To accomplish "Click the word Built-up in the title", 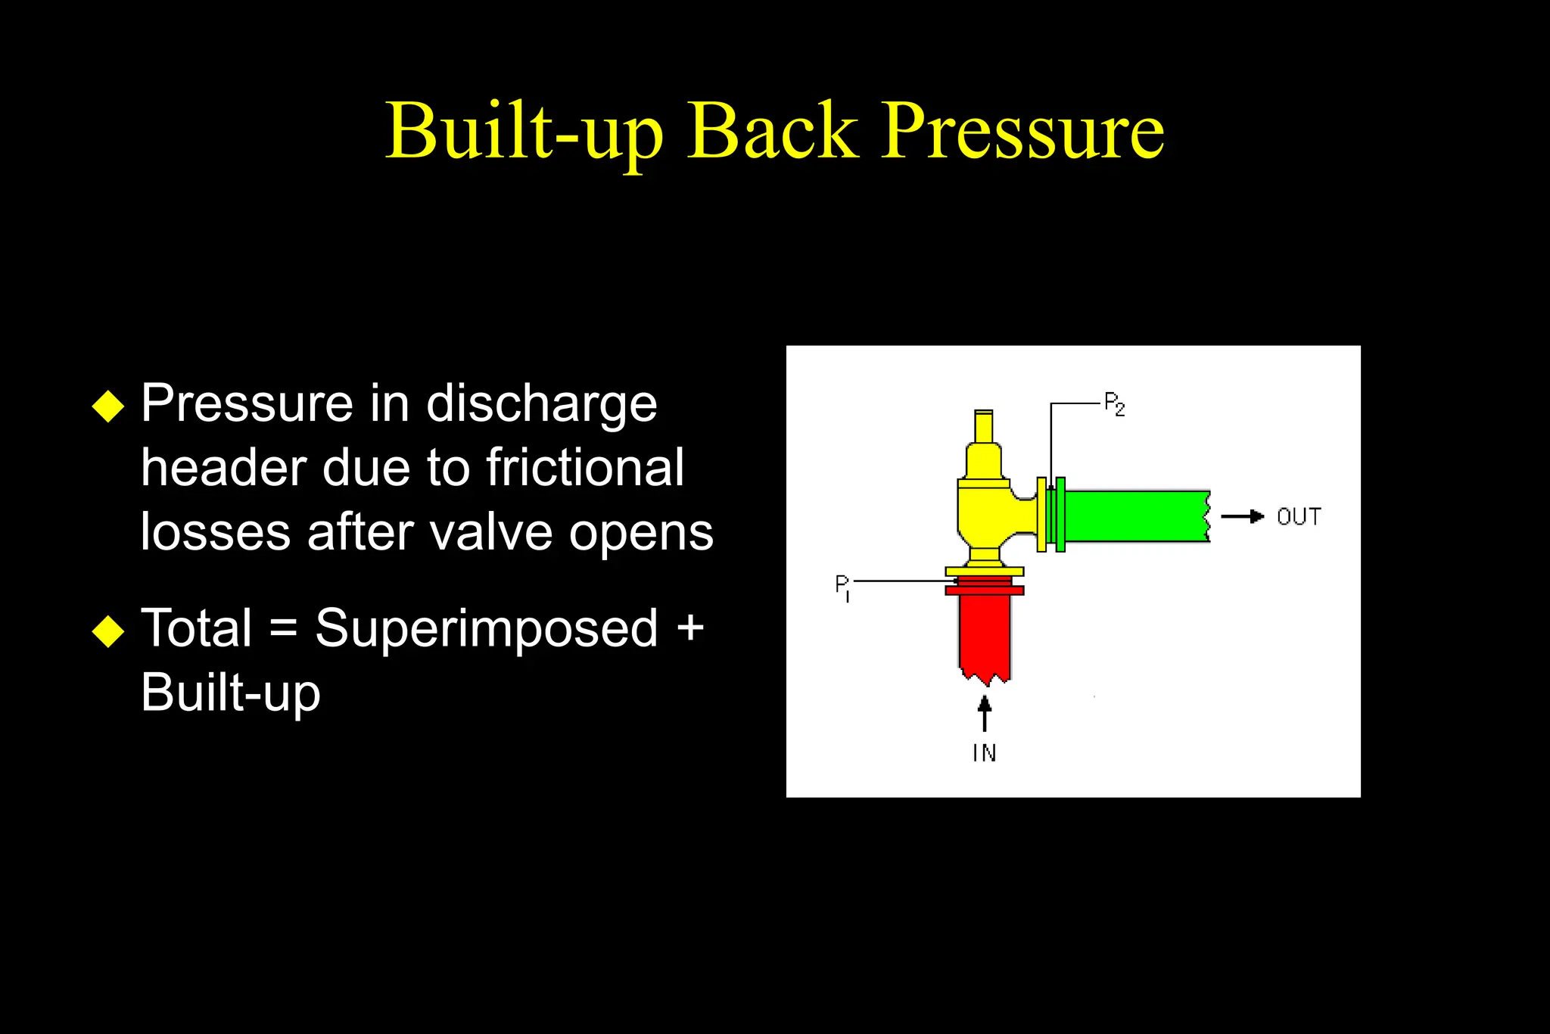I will [523, 132].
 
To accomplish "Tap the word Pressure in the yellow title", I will [1022, 132].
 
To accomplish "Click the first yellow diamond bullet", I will [108, 406].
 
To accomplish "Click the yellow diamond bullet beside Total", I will [108, 631].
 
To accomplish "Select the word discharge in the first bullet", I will [541, 404].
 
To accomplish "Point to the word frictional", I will [584, 468].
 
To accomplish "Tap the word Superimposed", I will [486, 629].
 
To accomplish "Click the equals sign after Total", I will [283, 629].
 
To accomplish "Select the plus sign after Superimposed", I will [690, 629].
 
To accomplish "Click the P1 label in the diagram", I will [842, 587].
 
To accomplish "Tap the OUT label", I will [1299, 517].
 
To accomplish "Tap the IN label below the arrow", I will [984, 753].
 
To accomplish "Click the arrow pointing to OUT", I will [1243, 517].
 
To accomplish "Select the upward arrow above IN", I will [984, 713].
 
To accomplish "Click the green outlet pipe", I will [1135, 516].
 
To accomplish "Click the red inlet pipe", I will [984, 632].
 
